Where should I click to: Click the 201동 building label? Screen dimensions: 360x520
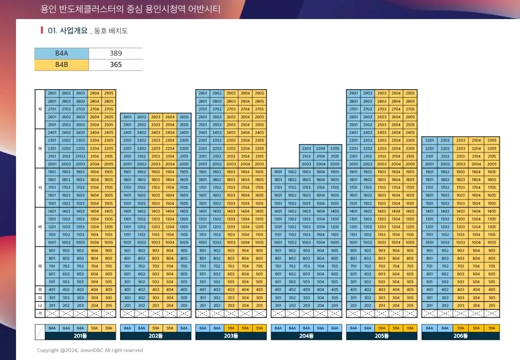point(80,336)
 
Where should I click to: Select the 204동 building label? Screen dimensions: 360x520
point(306,336)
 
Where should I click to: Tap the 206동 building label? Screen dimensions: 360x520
point(461,336)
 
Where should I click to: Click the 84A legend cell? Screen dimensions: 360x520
point(62,53)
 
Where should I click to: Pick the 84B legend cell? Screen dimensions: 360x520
point(62,65)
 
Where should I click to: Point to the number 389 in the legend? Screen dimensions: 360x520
point(116,53)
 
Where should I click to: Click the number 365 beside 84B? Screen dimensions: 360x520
point(116,65)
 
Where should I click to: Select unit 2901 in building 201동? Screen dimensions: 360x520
point(52,94)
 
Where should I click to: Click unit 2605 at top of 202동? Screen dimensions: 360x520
point(184,117)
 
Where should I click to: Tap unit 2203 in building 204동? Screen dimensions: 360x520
point(306,149)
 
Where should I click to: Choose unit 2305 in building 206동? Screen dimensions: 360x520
point(492,140)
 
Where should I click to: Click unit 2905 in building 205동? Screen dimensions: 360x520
point(410,94)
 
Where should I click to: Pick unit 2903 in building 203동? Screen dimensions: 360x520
point(231,94)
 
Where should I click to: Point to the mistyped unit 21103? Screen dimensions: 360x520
point(80,156)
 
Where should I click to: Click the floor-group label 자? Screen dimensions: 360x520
point(40,109)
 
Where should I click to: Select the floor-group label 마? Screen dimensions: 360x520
point(40,266)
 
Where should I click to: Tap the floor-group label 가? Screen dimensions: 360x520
point(40,313)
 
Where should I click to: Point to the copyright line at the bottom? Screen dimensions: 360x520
point(90,350)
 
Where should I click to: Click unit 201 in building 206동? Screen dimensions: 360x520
point(429,305)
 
